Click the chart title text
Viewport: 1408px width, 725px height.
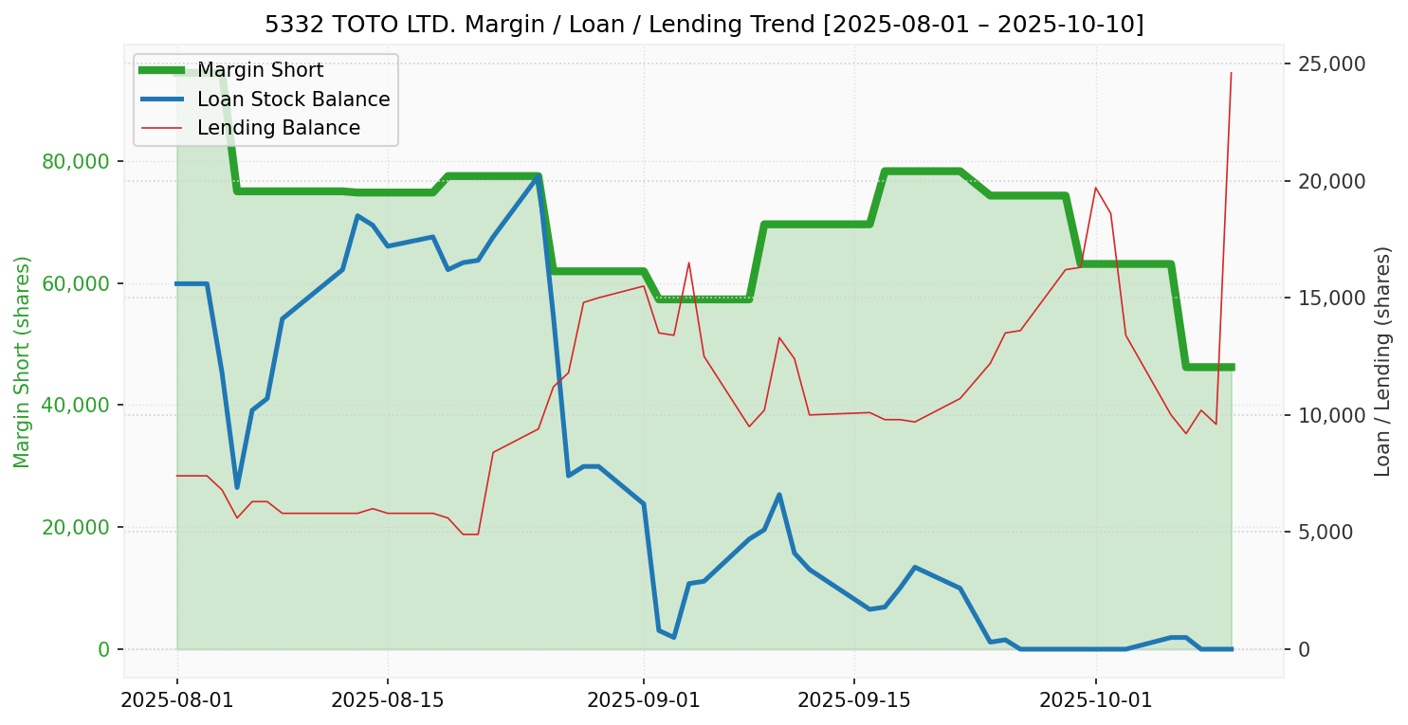tap(704, 25)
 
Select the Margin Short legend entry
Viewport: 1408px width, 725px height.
tap(260, 70)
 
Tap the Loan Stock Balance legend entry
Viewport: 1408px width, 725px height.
tap(293, 100)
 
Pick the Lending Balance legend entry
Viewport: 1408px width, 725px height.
tap(278, 128)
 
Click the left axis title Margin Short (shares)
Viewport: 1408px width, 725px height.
tap(23, 361)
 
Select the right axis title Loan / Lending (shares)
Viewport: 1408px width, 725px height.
tap(1383, 361)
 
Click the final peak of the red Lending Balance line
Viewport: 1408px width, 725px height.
tap(1231, 73)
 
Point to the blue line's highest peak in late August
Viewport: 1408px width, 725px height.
tap(538, 176)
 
